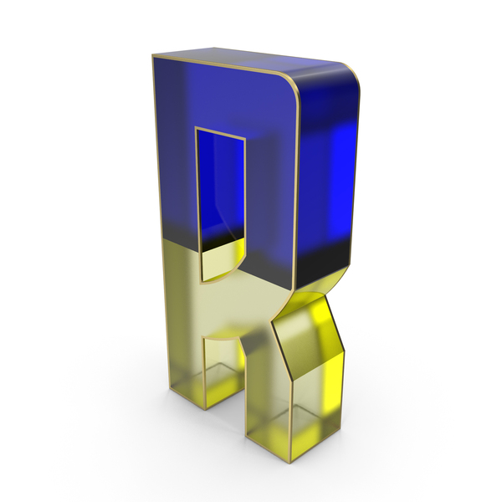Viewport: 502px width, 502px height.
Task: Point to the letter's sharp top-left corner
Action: [153, 56]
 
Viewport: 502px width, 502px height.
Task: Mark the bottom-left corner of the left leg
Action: [203, 409]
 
